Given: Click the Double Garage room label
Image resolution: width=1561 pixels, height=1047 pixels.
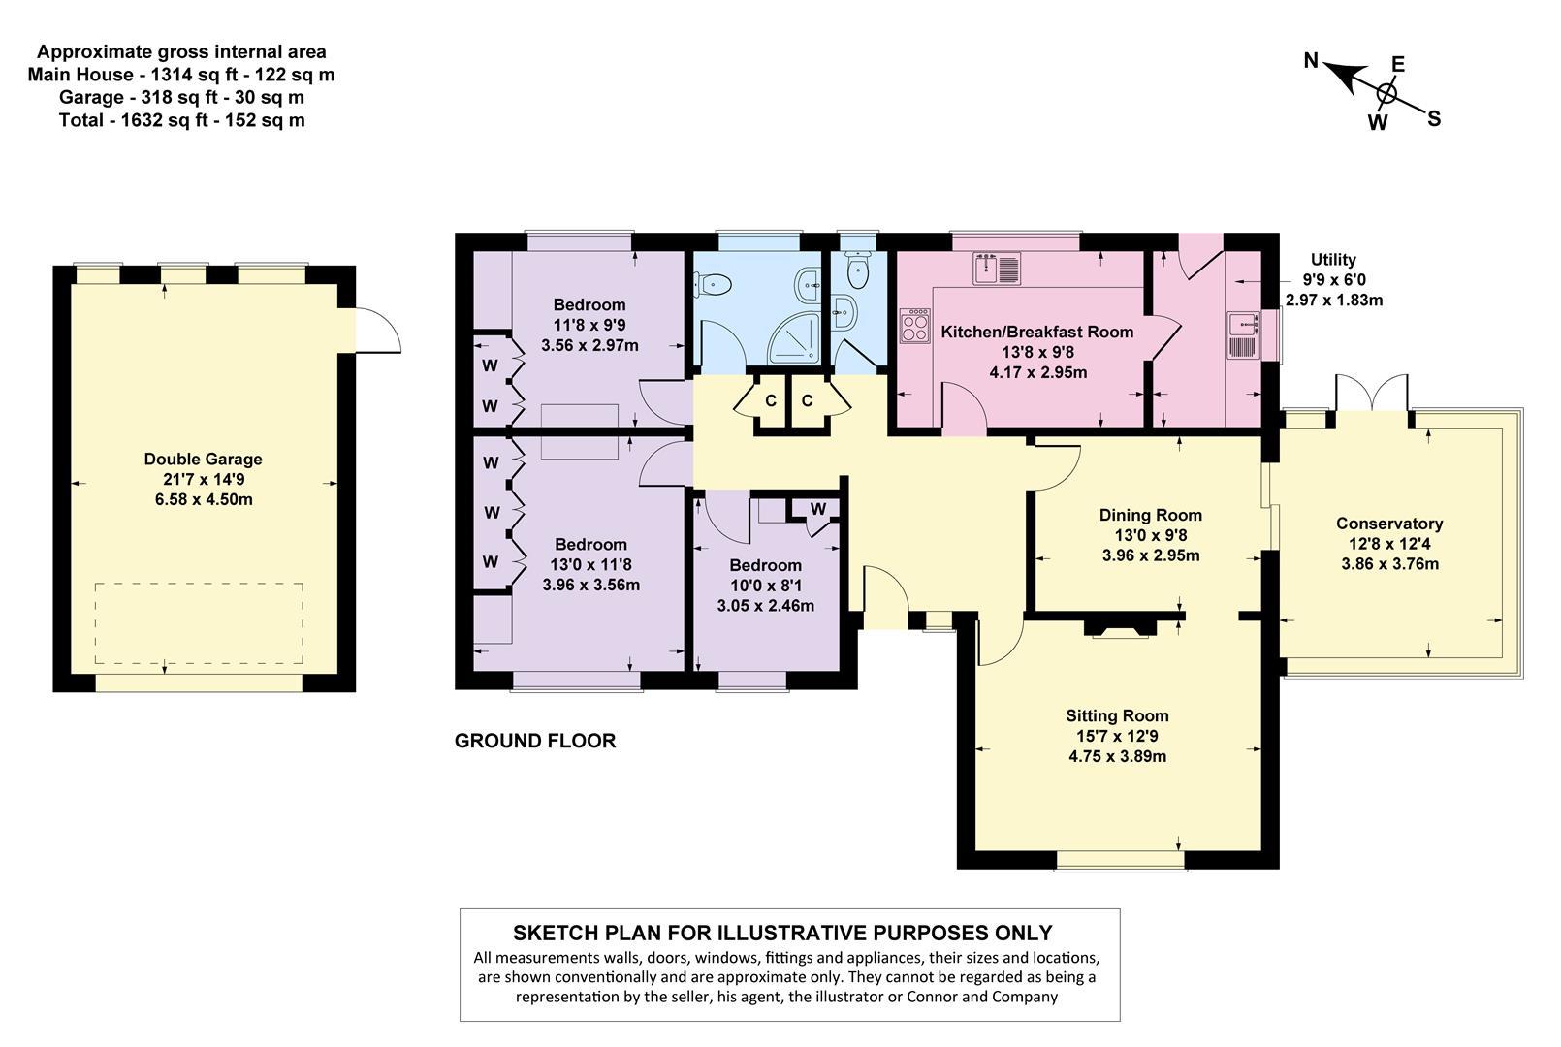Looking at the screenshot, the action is coord(204,460).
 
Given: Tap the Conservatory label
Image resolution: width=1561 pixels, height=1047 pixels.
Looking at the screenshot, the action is coord(1389,523).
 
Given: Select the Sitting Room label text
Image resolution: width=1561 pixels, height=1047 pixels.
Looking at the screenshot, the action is coord(1117,715).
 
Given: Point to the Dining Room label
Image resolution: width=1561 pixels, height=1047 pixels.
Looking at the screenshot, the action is coord(1151,515).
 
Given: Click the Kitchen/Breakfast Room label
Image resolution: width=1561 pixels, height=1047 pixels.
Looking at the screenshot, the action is coord(1037,332).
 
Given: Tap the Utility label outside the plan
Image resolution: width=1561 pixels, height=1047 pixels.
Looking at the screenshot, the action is coord(1333,260).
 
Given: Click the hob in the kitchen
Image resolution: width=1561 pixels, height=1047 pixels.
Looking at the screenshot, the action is coord(915,326).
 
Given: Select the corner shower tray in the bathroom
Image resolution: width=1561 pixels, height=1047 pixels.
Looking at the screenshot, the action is coord(794,338).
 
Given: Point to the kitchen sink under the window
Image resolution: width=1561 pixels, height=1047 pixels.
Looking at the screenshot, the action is coord(998,269).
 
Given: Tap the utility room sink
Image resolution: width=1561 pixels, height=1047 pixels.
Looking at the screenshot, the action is coord(1243,335).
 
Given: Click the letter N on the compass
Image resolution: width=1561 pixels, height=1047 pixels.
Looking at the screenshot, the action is coord(1311,61).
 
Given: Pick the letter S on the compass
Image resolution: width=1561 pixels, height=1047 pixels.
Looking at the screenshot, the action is coord(1433,118).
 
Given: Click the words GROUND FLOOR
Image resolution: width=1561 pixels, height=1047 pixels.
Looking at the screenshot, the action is coord(535,741).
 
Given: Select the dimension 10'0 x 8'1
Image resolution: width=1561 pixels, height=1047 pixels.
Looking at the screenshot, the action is coord(765,586).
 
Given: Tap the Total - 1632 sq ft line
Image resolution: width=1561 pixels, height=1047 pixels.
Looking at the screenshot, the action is coord(182,120).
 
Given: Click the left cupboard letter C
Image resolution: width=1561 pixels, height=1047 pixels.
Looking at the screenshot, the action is coord(771,400).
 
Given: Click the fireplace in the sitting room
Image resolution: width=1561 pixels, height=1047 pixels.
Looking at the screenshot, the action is coord(1120,628).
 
